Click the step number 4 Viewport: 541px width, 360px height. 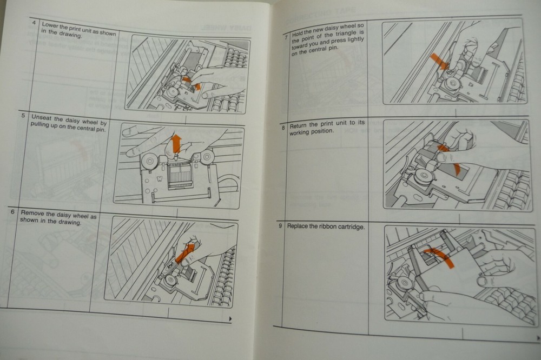click(35, 23)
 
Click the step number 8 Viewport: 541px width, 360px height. click(283, 128)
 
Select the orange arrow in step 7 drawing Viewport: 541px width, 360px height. click(439, 61)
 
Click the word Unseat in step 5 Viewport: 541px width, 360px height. click(43, 116)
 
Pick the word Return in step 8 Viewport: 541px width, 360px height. click(299, 126)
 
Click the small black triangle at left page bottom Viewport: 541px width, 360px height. click(230, 319)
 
